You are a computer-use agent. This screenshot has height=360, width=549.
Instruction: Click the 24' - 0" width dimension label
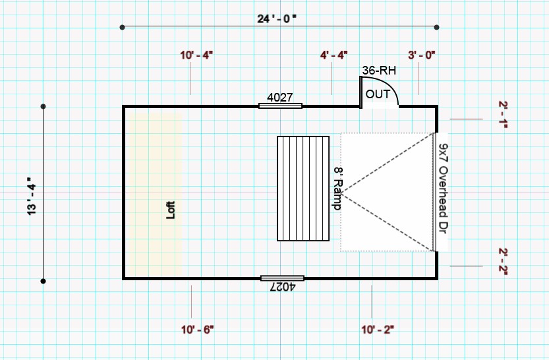pyautogui.click(x=277, y=18)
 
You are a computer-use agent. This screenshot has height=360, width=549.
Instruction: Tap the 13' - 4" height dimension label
pyautogui.click(x=32, y=196)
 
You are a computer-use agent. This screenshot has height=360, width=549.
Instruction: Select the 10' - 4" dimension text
pyautogui.click(x=196, y=55)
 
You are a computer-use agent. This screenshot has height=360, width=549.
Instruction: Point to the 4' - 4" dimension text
pyautogui.click(x=333, y=55)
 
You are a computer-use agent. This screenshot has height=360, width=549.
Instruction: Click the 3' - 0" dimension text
pyautogui.click(x=422, y=55)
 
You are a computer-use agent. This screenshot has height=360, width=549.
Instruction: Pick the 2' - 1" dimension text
pyautogui.click(x=503, y=115)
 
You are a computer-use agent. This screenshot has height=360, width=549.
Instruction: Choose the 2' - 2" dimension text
pyautogui.click(x=503, y=262)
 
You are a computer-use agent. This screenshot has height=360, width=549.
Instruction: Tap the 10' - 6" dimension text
pyautogui.click(x=197, y=330)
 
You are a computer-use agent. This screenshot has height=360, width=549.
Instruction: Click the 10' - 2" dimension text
pyautogui.click(x=378, y=330)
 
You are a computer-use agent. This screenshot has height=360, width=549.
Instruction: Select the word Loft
pyautogui.click(x=171, y=210)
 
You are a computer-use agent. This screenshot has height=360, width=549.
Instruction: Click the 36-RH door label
pyautogui.click(x=379, y=71)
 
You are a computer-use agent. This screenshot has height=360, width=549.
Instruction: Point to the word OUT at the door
pyautogui.click(x=378, y=94)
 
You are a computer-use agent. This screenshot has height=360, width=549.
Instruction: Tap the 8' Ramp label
pyautogui.click(x=338, y=189)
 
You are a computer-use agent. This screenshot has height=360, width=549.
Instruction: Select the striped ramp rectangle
pyautogui.click(x=303, y=189)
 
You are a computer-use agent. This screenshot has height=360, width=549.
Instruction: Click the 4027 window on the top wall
pyautogui.click(x=280, y=105)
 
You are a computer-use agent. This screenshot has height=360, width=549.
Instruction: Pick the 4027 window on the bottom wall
pyautogui.click(x=282, y=278)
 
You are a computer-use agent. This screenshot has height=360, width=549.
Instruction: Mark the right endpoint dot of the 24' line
pyautogui.click(x=436, y=27)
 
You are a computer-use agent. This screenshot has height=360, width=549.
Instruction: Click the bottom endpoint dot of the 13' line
pyautogui.click(x=43, y=281)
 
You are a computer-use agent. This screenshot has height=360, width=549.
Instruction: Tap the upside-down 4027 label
pyautogui.click(x=283, y=287)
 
